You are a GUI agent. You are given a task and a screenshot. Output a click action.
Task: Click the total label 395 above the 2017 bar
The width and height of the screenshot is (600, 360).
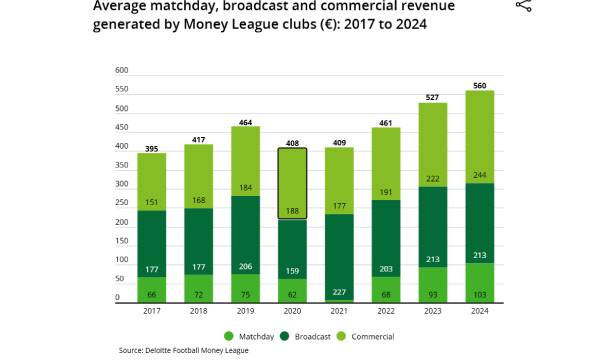pos(152,148)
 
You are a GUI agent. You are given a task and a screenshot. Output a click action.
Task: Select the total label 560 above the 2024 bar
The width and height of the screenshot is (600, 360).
pos(479,86)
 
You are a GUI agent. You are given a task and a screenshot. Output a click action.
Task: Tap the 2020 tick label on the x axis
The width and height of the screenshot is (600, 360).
pos(292,310)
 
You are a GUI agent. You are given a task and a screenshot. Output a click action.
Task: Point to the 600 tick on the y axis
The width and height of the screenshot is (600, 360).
pos(122,70)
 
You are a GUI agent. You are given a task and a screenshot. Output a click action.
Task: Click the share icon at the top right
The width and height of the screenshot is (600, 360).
pos(523,6)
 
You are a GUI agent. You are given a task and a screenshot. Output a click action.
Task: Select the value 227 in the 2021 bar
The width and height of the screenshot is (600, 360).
pos(339,292)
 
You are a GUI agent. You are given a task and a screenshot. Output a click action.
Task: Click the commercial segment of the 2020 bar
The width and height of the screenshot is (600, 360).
pos(292,180)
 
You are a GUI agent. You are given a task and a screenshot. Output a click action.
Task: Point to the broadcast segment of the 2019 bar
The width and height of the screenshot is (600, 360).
pos(246,235)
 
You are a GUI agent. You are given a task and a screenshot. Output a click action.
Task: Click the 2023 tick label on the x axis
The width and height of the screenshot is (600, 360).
pos(432,310)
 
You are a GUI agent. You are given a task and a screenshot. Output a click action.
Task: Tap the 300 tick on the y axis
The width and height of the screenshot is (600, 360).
pos(122,184)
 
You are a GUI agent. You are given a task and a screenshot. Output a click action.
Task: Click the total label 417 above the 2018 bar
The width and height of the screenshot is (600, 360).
pos(199,139)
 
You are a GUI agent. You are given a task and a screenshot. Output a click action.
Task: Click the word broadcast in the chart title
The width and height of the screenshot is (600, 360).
pos(249,5)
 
